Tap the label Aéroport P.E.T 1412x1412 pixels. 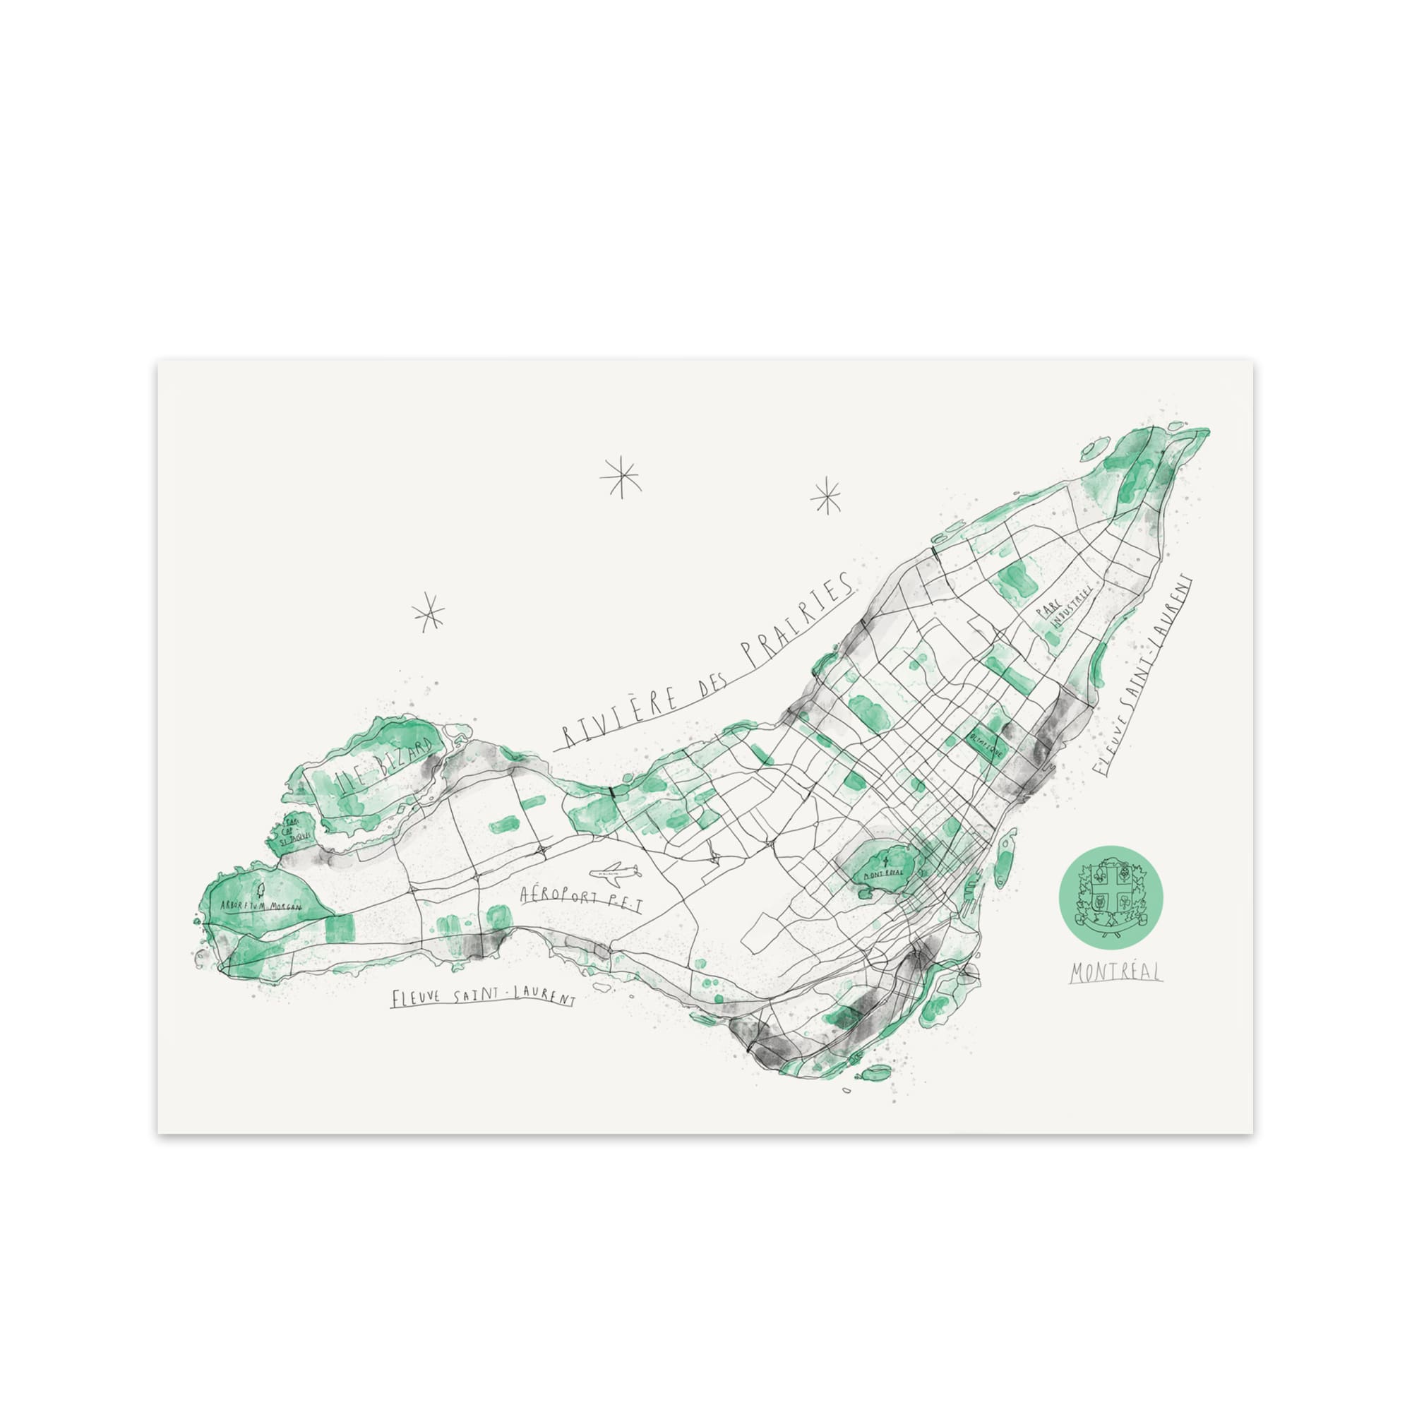coord(580,898)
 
